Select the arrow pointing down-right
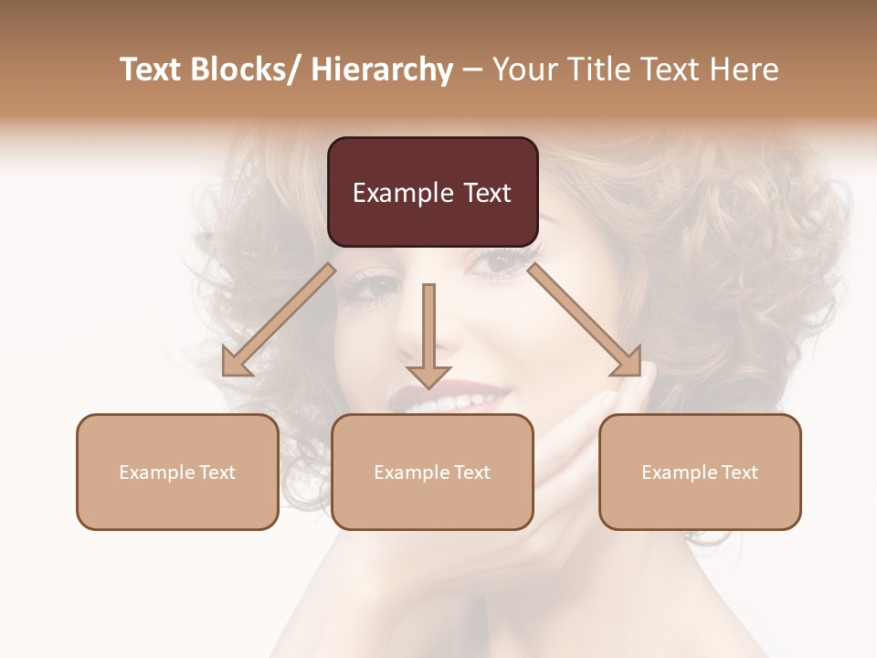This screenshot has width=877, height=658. (585, 320)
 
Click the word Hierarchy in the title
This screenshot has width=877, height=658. (381, 69)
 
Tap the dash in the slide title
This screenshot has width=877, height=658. (472, 69)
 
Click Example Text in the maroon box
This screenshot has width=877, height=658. (432, 193)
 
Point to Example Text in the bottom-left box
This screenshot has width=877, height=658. (177, 472)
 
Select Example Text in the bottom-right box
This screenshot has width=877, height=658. (700, 472)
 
